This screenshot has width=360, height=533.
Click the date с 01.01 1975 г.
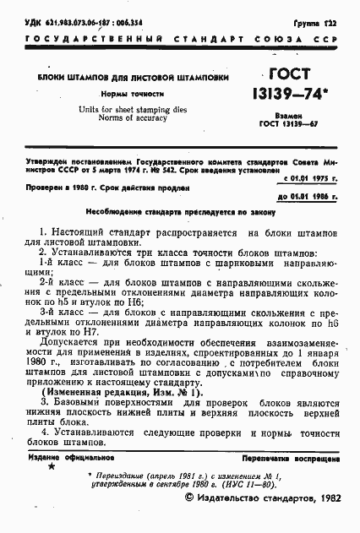pos(305,177)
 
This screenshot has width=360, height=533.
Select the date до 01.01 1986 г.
pos(305,195)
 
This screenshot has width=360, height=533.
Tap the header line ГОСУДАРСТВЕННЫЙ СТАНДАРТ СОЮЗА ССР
pos(180,39)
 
